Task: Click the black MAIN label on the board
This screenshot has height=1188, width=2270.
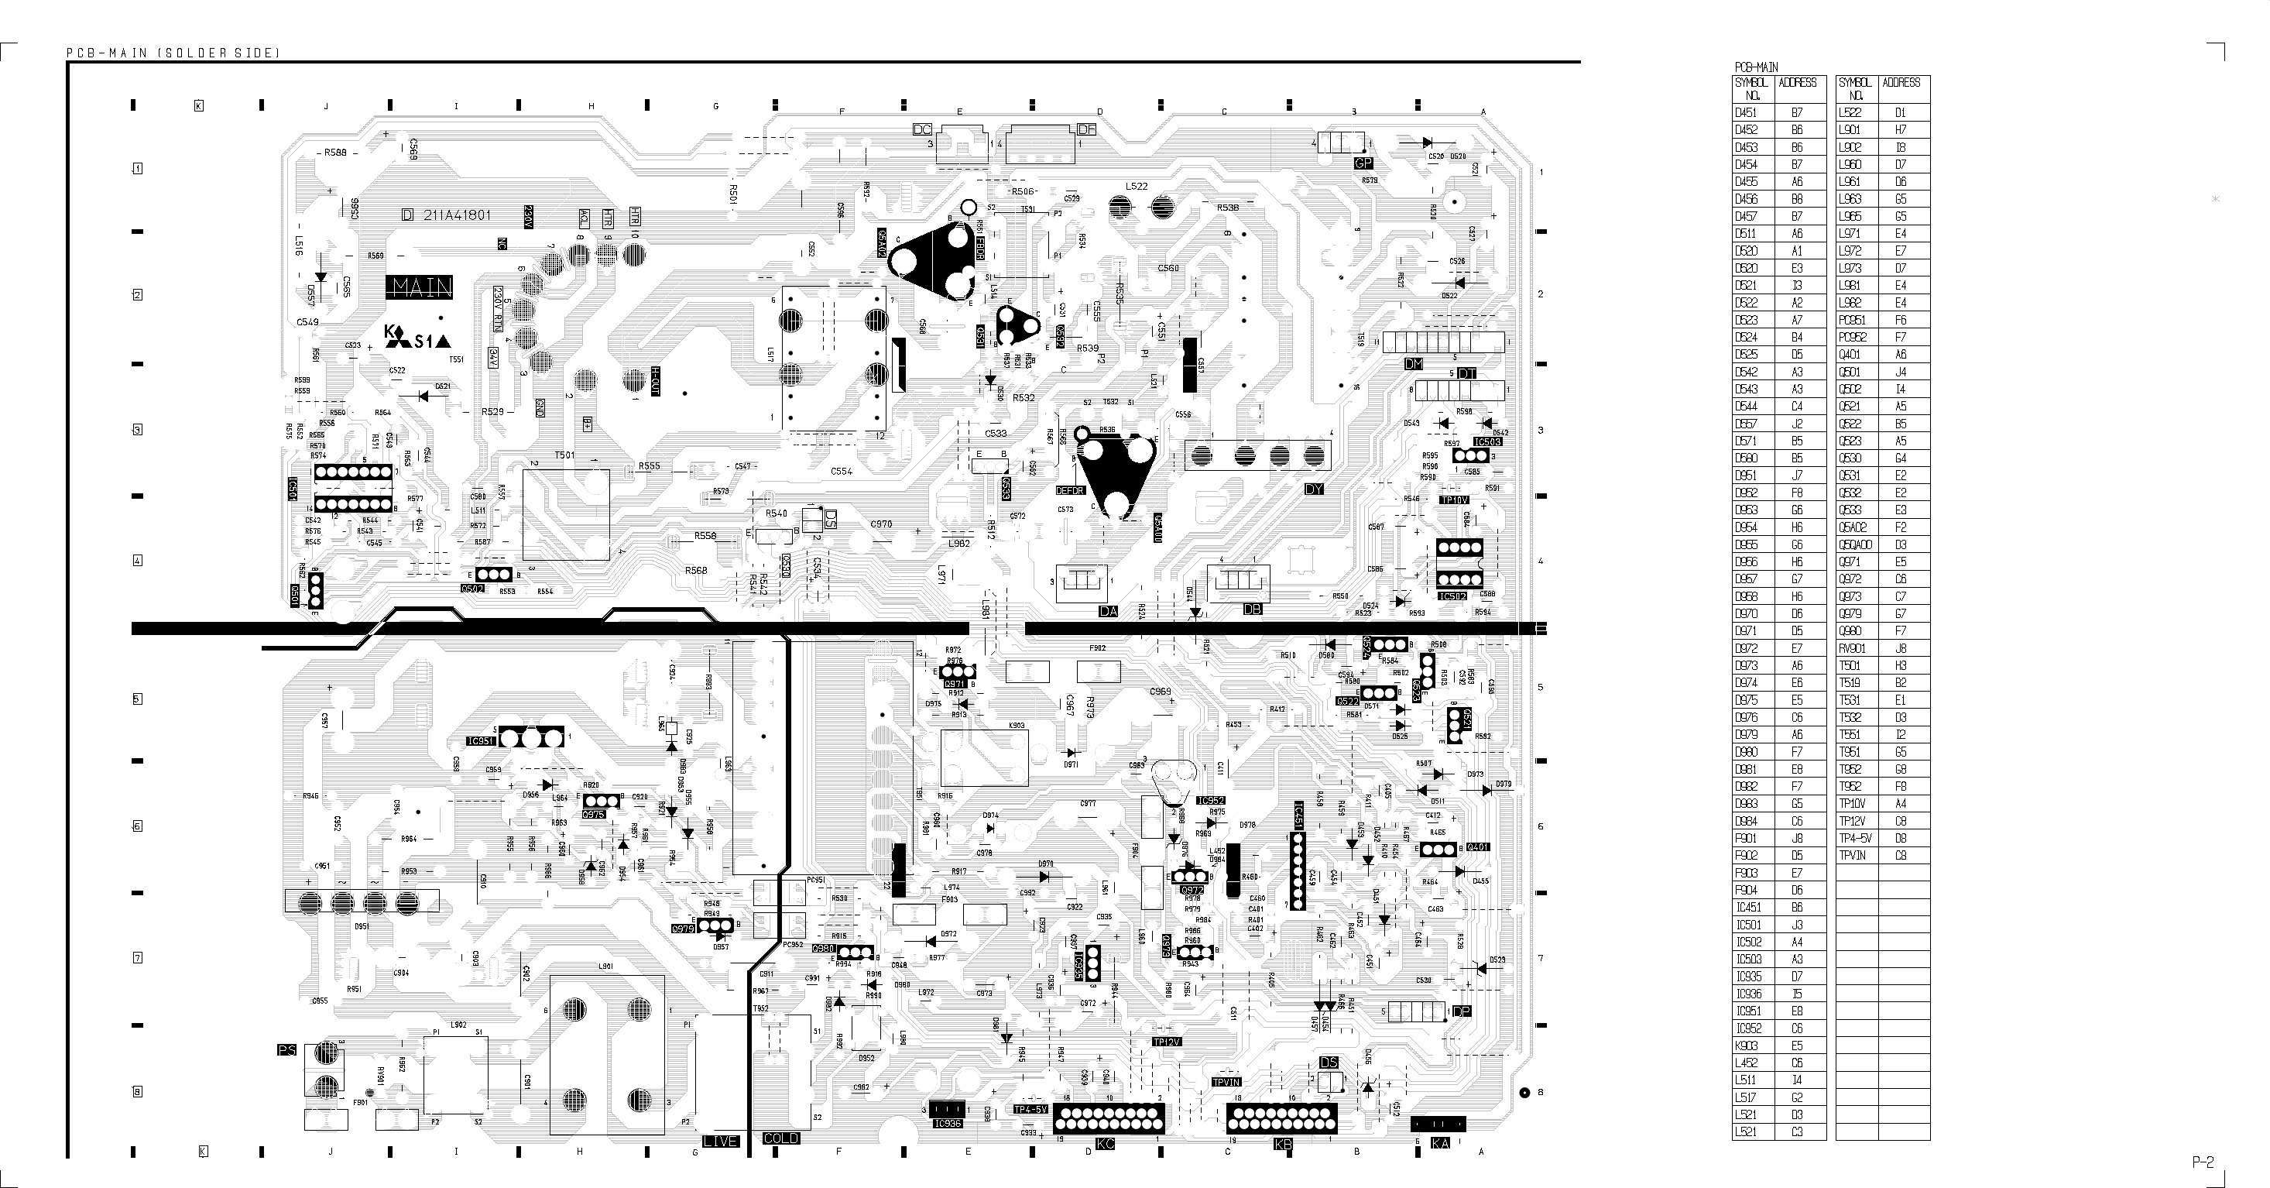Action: (420, 287)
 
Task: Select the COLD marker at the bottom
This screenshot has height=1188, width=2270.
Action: (780, 1138)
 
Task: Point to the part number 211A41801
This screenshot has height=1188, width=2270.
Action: (457, 215)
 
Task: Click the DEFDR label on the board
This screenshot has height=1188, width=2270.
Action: (1070, 490)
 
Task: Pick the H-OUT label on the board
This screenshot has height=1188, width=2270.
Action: (655, 382)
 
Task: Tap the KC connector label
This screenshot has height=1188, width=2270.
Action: (1105, 1144)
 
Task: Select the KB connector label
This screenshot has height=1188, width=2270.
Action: (1283, 1144)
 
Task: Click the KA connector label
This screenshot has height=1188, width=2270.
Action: (1440, 1143)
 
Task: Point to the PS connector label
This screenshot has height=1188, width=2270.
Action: (287, 1050)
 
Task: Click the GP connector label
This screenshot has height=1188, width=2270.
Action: (1363, 164)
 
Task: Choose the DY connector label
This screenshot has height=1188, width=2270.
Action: (1314, 489)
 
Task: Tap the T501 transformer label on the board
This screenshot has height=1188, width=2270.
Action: (564, 455)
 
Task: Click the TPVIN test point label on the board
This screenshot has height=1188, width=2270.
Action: (1226, 1082)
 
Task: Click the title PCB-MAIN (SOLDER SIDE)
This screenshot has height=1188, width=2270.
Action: (173, 53)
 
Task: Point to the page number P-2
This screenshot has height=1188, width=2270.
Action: (2203, 1162)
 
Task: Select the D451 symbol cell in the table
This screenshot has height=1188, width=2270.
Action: (1746, 113)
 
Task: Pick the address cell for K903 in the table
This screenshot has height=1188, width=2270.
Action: (1797, 1046)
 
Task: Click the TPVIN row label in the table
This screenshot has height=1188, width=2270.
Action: (1851, 856)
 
